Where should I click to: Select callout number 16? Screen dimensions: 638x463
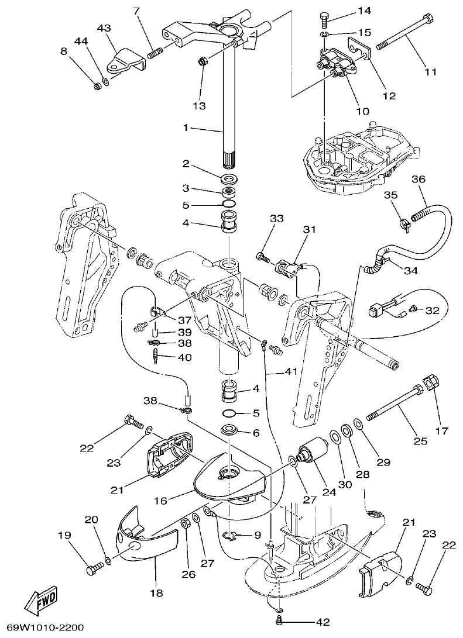click(160, 501)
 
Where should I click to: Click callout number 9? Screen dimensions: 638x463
click(256, 534)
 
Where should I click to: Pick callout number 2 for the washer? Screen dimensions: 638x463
click(186, 164)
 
